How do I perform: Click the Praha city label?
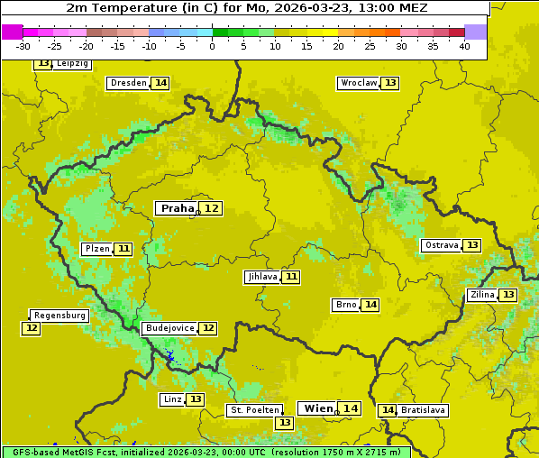(x=177, y=208)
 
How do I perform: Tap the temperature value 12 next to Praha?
(x=211, y=208)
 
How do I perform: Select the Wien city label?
(x=318, y=408)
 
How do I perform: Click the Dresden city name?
(x=128, y=83)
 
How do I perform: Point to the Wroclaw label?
(x=358, y=83)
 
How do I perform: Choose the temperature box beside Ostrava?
(x=472, y=245)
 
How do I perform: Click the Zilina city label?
(x=482, y=295)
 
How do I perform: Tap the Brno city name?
(x=345, y=305)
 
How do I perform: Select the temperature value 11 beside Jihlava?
(x=291, y=277)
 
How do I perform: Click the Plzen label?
(x=96, y=249)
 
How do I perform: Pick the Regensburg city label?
(x=59, y=316)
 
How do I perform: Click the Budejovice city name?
(x=169, y=328)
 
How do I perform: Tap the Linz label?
(x=171, y=399)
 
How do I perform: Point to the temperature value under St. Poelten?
(x=285, y=422)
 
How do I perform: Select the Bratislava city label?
(x=424, y=410)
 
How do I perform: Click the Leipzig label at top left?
(x=72, y=64)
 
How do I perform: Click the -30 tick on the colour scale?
(x=23, y=46)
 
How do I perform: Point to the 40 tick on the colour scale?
(x=464, y=46)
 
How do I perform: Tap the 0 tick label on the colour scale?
(x=212, y=46)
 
